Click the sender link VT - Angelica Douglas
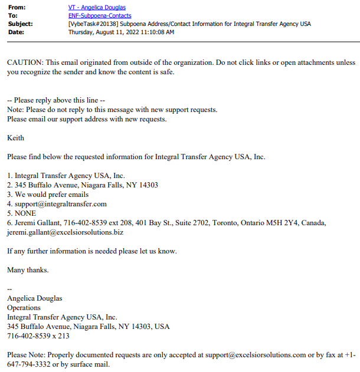[97, 7]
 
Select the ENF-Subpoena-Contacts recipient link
[100, 15]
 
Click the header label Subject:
[21, 24]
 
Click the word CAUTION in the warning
[25, 62]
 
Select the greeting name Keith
[15, 138]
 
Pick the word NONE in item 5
[25, 213]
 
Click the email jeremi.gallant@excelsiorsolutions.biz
[65, 232]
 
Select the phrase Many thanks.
[28, 270]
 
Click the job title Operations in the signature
[24, 307]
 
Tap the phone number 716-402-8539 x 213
[38, 335]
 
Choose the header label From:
[17, 7]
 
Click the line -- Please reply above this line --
[56, 100]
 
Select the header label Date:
[17, 32]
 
